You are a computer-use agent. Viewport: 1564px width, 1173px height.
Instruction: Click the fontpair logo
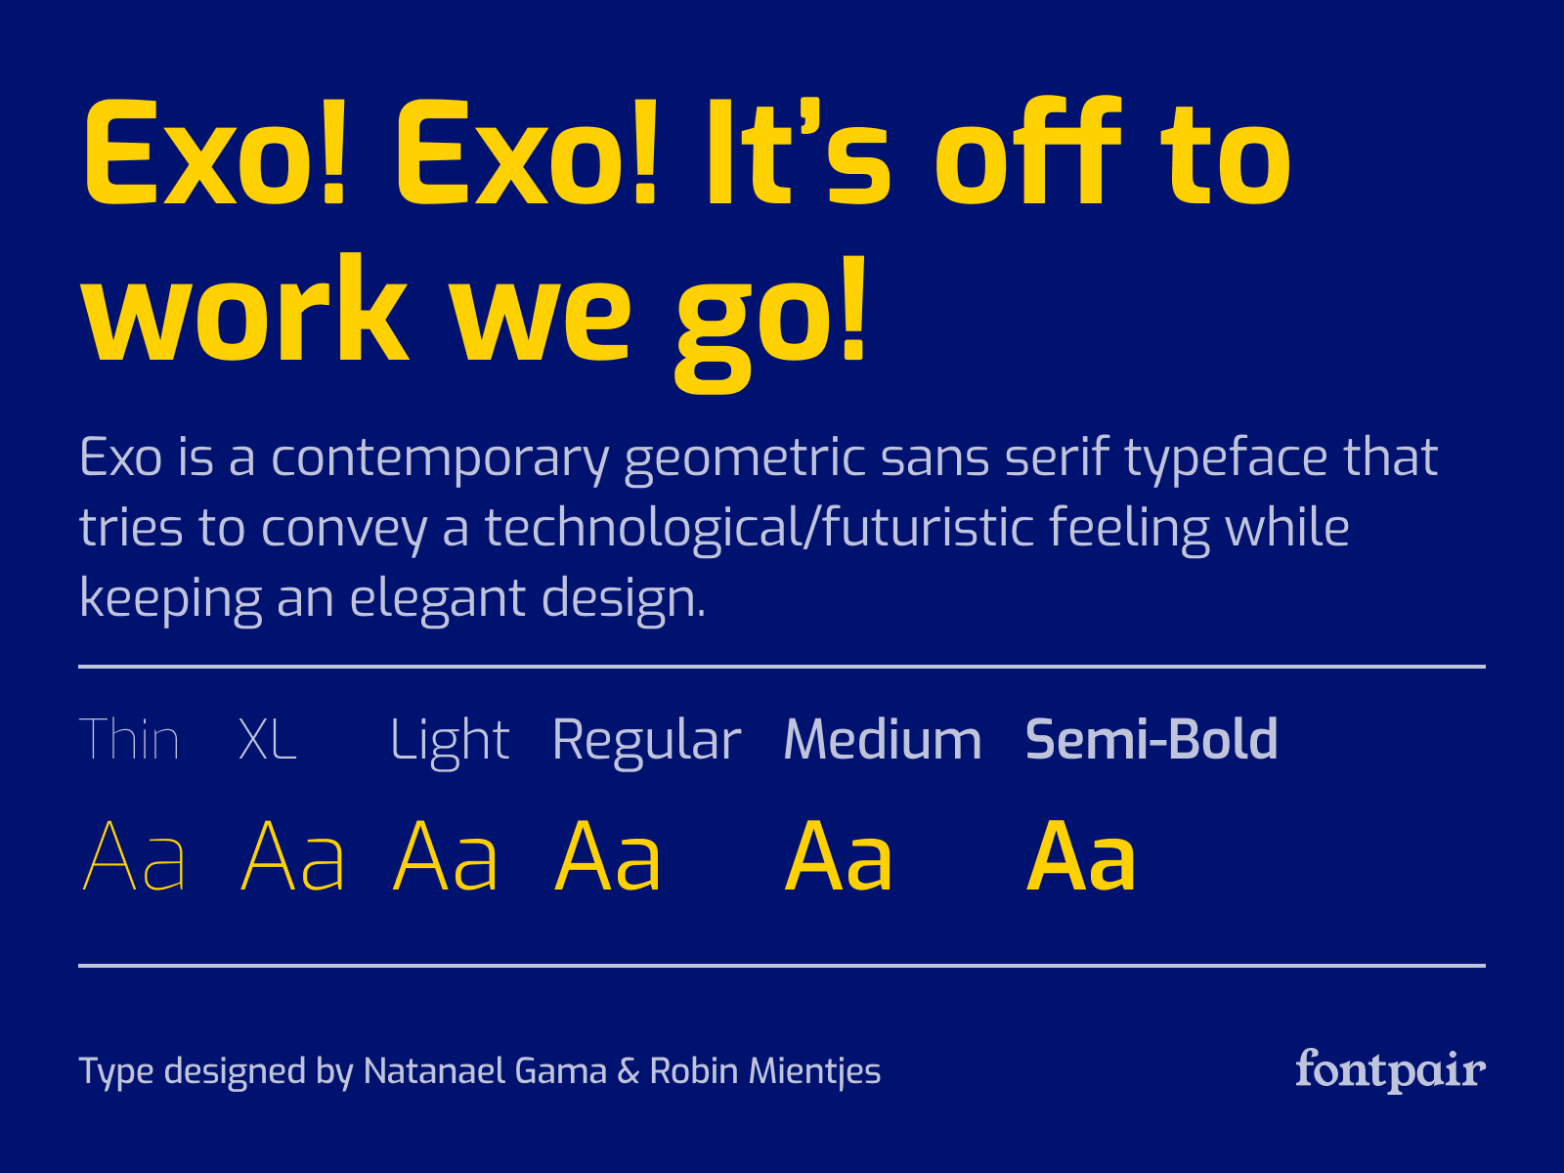(1390, 1070)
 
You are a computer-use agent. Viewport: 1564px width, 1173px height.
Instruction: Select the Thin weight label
(129, 739)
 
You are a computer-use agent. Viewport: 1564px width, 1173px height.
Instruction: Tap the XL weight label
(267, 739)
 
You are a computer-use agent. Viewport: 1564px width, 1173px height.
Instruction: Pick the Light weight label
(450, 744)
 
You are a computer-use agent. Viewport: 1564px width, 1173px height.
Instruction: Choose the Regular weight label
(646, 744)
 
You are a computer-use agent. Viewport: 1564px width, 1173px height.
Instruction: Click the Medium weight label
(882, 739)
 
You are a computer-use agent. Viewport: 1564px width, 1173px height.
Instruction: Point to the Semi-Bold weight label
(1151, 739)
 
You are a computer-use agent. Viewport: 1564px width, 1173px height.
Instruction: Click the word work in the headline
(245, 310)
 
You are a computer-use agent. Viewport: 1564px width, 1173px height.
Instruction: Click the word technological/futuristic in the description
(760, 529)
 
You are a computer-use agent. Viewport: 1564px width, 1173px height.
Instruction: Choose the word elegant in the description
(438, 599)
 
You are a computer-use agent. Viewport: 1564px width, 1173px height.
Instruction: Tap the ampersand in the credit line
(629, 1071)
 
